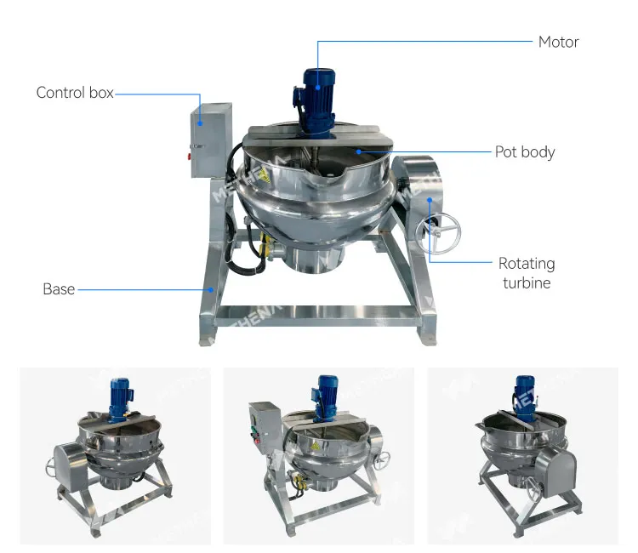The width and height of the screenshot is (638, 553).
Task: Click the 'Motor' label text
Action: [558, 42]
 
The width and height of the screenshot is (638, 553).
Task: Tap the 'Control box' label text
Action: [75, 93]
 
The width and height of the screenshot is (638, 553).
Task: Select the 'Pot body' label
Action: [525, 152]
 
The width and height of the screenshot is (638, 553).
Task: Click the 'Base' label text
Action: [59, 289]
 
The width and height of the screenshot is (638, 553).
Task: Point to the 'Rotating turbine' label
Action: [527, 273]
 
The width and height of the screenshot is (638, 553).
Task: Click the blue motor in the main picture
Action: [316, 102]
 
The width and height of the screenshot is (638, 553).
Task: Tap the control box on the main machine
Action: [211, 140]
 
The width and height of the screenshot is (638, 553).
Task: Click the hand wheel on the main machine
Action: [438, 233]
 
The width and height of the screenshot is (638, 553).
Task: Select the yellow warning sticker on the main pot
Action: [263, 175]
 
